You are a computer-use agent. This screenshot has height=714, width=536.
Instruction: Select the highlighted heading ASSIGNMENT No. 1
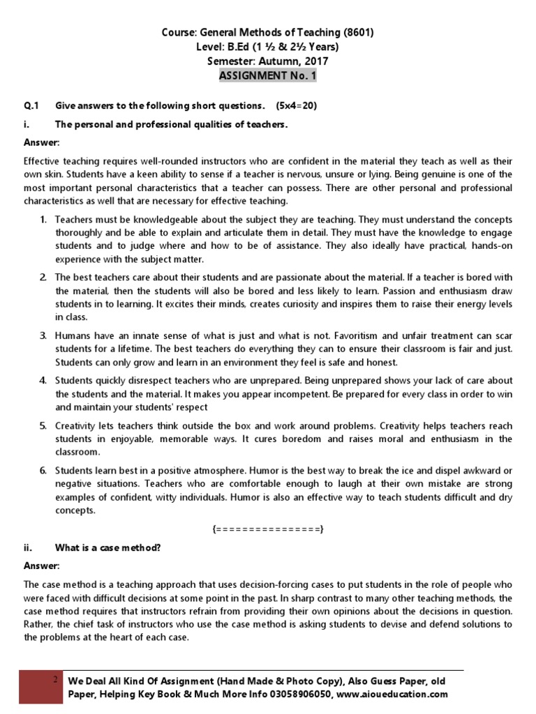coord(268,75)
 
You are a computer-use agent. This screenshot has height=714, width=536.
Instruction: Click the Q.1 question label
coord(32,106)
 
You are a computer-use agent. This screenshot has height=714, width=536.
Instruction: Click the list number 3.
coord(43,335)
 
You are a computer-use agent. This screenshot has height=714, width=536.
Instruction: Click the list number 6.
coord(43,471)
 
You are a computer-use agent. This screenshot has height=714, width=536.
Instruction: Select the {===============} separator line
coord(268,530)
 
